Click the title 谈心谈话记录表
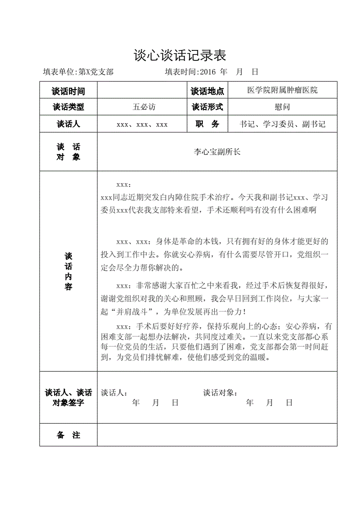point(180,55)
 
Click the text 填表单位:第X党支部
point(78,72)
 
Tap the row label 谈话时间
point(68,91)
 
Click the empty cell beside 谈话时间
point(142,91)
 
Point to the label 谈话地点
point(207,91)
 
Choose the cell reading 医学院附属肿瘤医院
point(282,90)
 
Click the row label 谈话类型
point(68,107)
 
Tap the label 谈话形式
point(207,107)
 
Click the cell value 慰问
point(282,107)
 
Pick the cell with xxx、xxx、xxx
point(142,124)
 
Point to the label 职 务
point(207,124)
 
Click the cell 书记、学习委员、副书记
point(282,124)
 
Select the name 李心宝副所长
point(217,152)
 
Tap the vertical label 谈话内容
point(68,271)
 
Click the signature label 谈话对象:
point(220,393)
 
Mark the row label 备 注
point(68,435)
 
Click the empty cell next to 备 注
point(217,435)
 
